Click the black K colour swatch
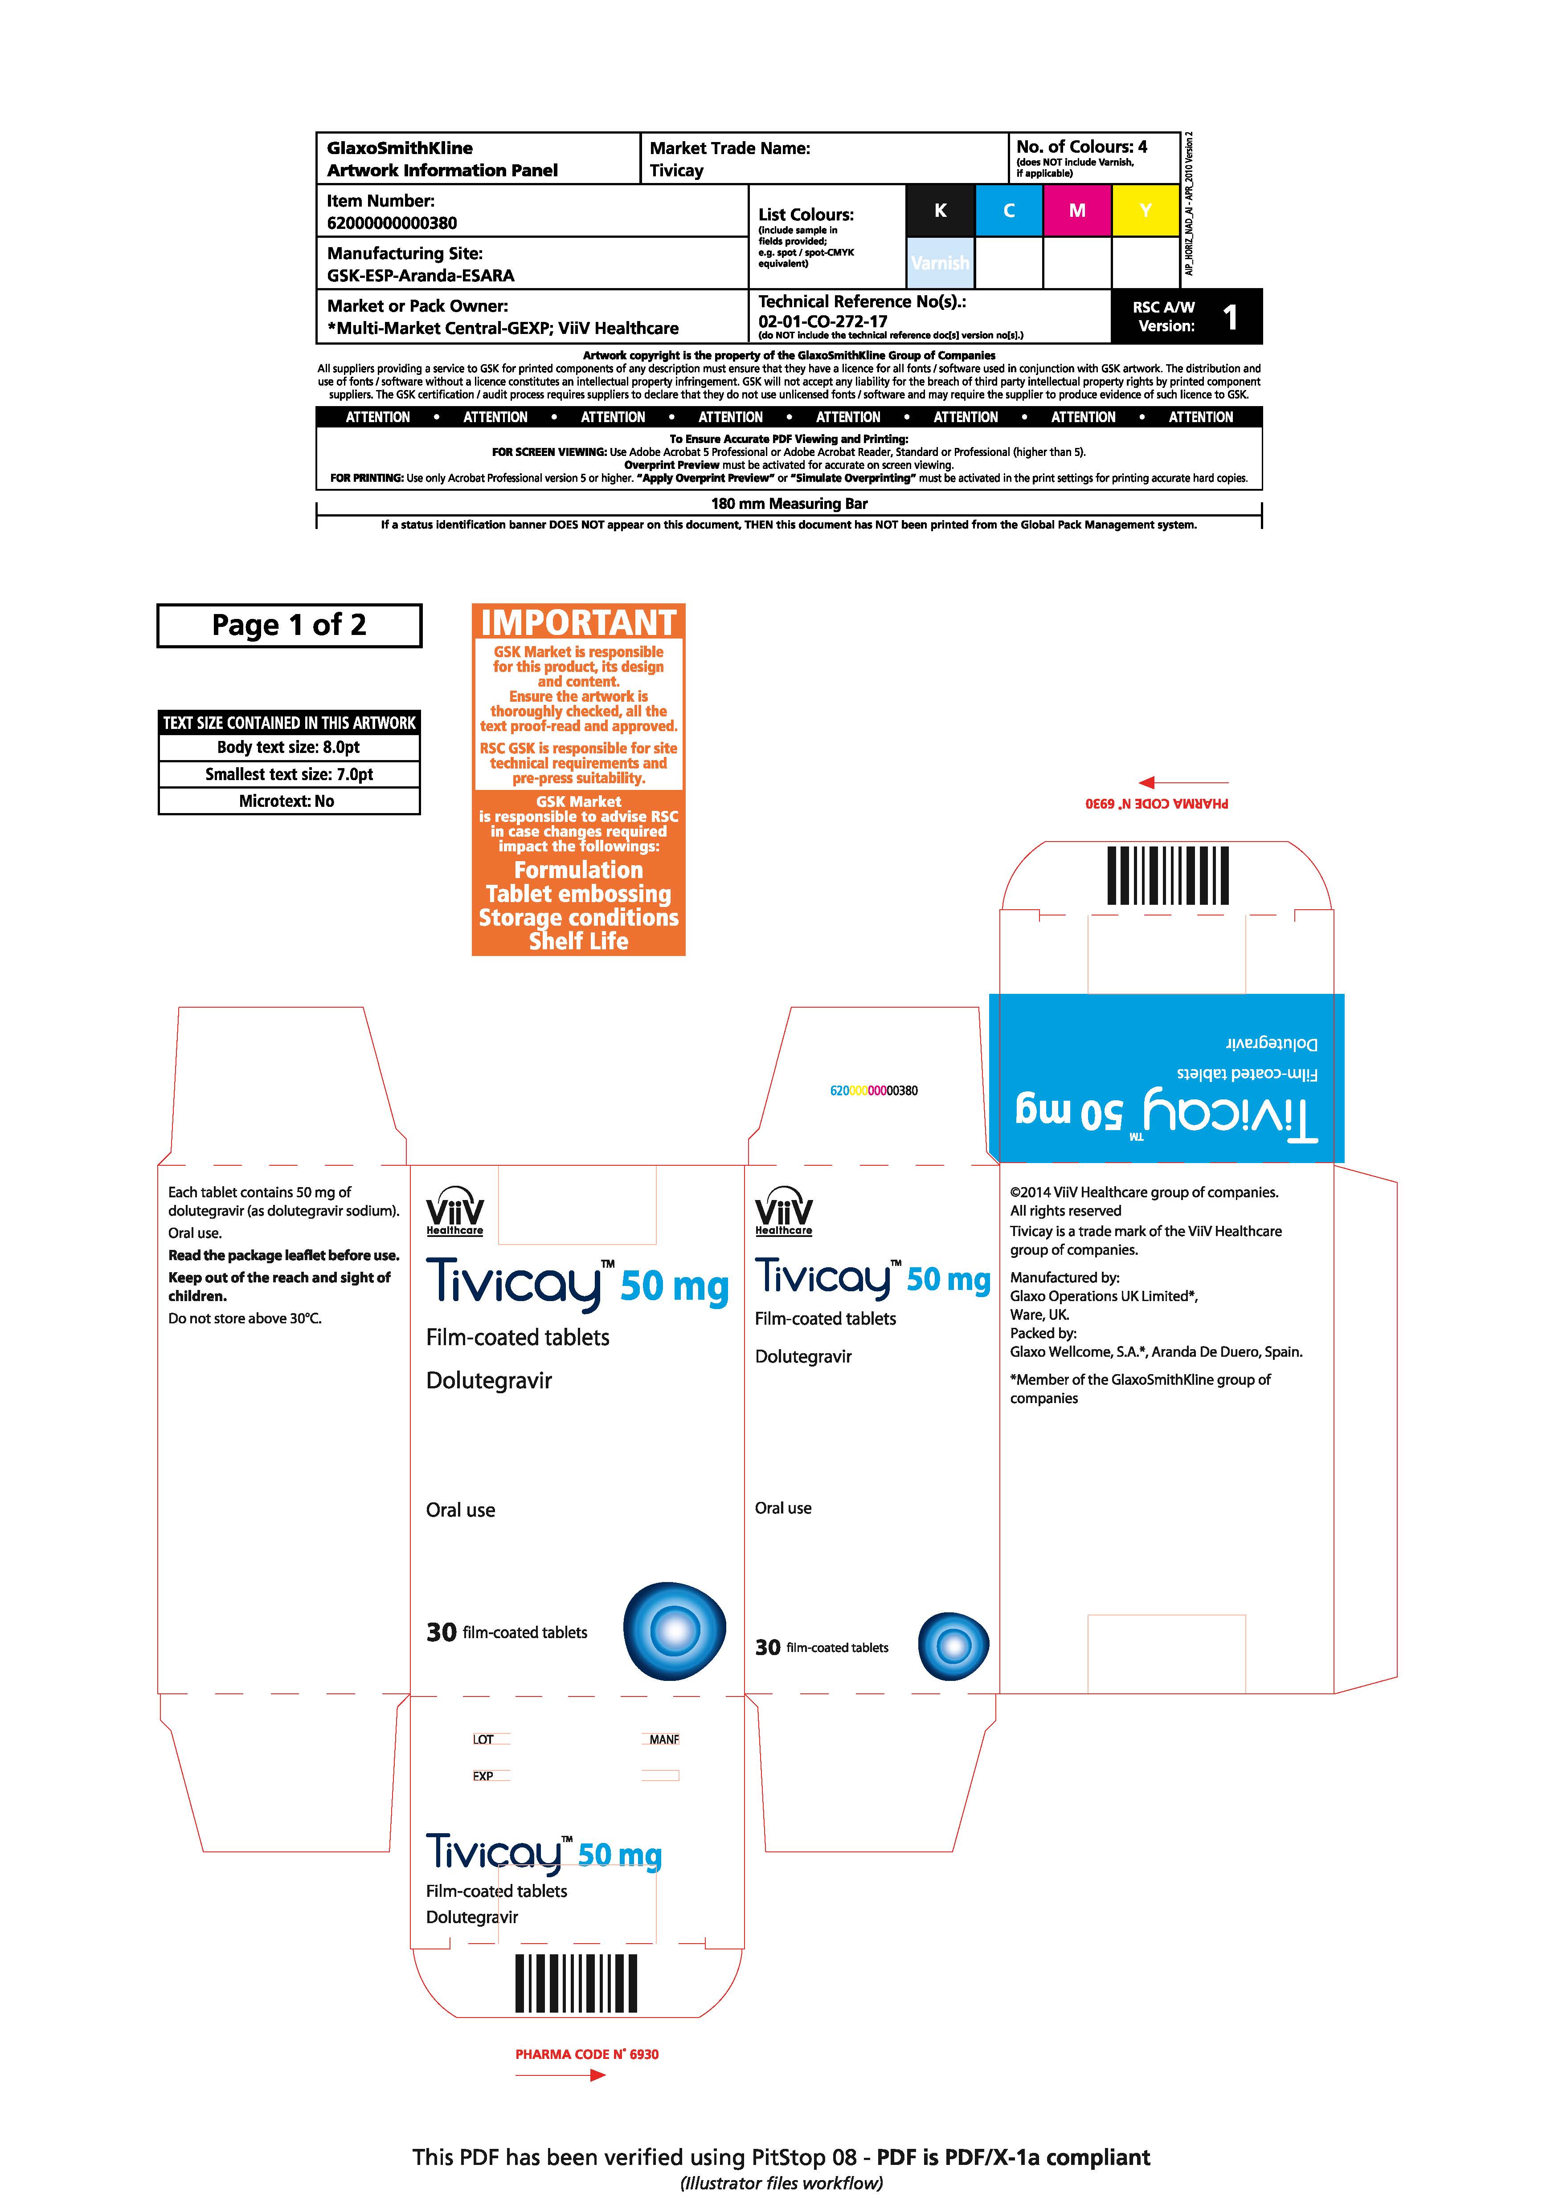point(940,211)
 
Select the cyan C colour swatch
point(1009,211)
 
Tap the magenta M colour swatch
point(1077,211)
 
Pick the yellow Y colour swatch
point(1146,211)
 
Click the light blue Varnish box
point(940,263)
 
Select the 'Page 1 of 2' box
point(289,625)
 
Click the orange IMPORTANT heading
point(578,622)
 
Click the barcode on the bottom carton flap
point(577,1984)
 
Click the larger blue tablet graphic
point(675,1631)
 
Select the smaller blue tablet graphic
point(953,1646)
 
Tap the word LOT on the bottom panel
point(483,1740)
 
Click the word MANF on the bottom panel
point(664,1740)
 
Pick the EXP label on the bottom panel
point(483,1776)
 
